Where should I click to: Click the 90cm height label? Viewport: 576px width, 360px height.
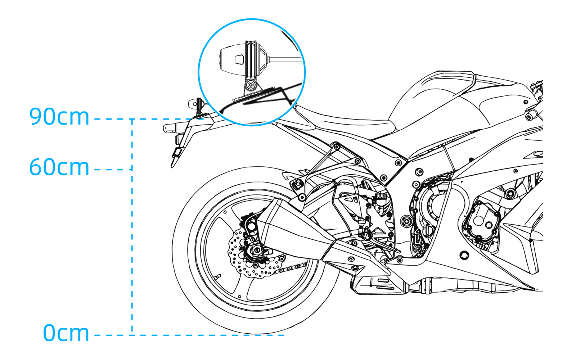click(59, 117)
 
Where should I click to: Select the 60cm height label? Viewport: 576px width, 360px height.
click(59, 167)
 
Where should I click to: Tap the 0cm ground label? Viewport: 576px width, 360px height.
click(66, 333)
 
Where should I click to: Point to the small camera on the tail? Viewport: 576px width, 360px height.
click(196, 104)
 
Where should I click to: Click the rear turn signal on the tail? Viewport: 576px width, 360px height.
click(170, 127)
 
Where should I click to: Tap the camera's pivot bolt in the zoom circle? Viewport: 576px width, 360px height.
click(251, 85)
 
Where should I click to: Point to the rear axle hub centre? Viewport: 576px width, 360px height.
click(257, 249)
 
